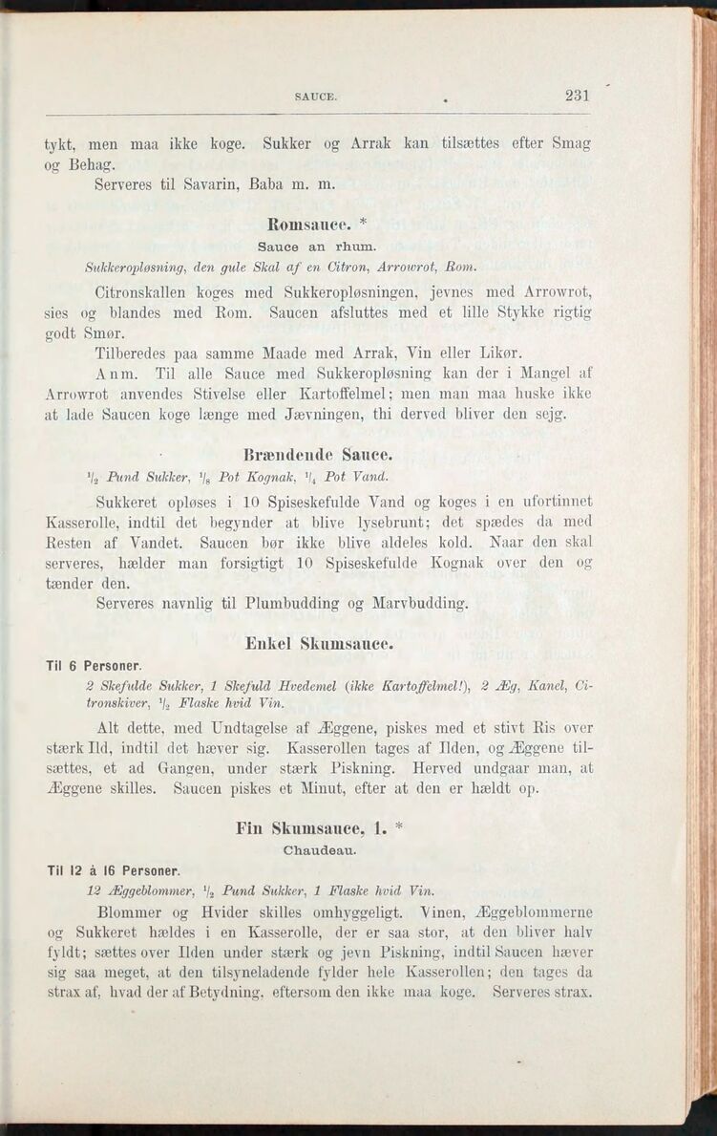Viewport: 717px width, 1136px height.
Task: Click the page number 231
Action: tap(577, 95)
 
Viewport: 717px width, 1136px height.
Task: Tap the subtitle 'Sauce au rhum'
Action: tap(319, 246)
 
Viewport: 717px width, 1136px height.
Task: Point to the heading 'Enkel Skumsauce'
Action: tap(319, 645)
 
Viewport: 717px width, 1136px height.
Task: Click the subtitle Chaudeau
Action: tap(320, 848)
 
